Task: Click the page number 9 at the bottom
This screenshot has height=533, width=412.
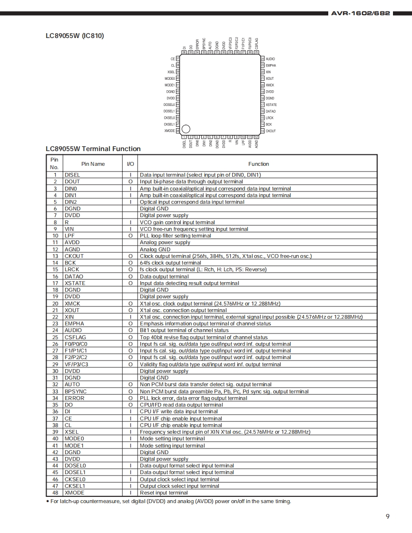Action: click(387, 517)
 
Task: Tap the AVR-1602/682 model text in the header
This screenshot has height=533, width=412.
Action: click(360, 13)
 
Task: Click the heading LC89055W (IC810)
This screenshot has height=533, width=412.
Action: click(75, 36)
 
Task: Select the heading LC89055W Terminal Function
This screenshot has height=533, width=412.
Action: click(93, 149)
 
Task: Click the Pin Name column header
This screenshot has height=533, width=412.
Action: click(93, 164)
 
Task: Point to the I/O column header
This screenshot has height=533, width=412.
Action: click(130, 164)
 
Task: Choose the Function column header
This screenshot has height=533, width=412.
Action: click(258, 164)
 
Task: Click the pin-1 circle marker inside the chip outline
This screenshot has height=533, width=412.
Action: click(186, 129)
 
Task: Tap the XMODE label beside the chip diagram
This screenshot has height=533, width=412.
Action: click(169, 131)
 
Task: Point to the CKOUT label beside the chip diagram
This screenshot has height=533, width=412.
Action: click(271, 131)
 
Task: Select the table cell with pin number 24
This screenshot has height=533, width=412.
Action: click(55, 330)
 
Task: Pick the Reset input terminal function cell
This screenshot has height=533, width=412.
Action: click(164, 493)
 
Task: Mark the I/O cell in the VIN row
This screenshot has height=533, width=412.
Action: click(130, 229)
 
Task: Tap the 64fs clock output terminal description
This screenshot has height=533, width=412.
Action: click(170, 263)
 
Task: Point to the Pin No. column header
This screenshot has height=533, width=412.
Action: click(54, 163)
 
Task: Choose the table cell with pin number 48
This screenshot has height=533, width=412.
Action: click(55, 493)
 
